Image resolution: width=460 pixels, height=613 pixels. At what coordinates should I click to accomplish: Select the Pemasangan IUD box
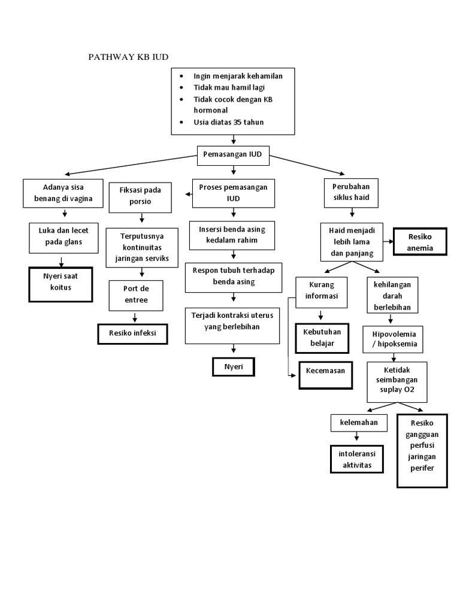pos(233,154)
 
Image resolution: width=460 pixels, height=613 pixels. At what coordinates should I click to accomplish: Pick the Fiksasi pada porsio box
pos(140,196)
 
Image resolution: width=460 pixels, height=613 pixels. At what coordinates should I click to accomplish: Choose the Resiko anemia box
pos(420,242)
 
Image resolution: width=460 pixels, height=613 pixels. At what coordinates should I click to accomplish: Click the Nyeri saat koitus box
pos(60,284)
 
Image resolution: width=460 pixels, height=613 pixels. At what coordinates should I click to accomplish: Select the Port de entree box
pos(136,295)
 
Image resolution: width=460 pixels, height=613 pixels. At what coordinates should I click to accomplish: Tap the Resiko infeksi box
pos(132,333)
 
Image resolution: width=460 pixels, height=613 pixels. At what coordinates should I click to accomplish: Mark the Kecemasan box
pos(325,371)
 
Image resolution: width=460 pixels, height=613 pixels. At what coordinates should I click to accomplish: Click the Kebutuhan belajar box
pos(322,338)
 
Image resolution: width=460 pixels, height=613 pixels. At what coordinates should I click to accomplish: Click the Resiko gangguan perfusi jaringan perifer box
pos(422,450)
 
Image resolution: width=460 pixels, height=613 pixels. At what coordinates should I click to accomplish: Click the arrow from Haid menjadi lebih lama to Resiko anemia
pos(386,242)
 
